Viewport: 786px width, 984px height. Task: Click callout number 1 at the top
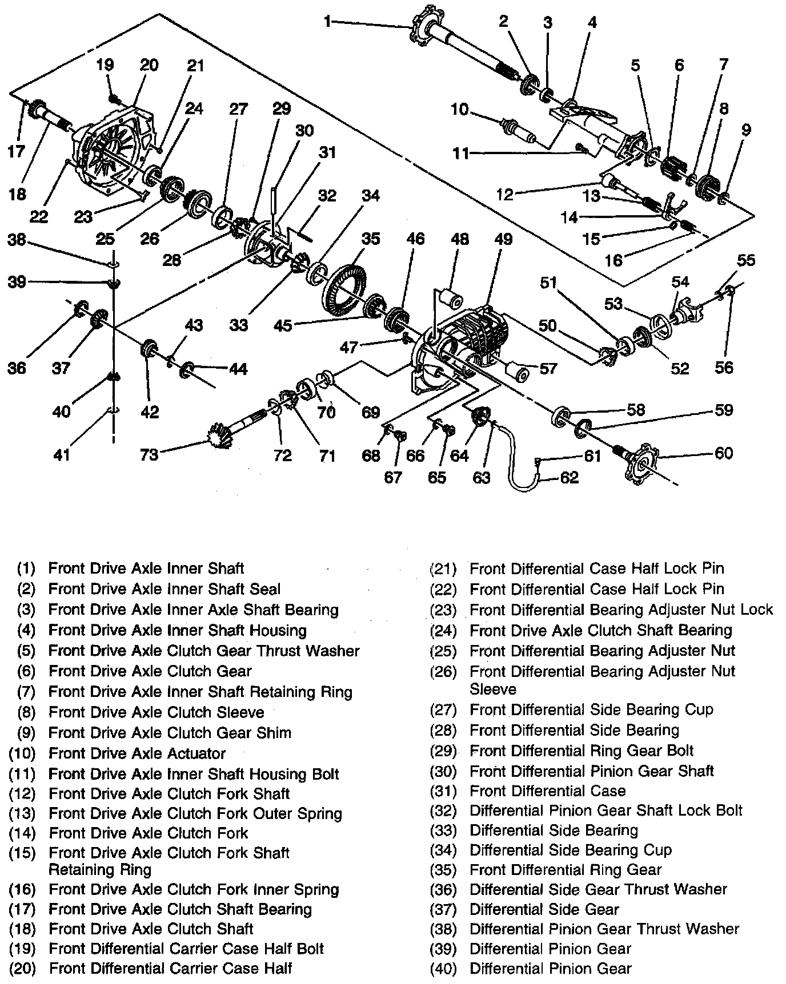[x=327, y=22]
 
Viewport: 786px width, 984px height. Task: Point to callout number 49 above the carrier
[x=503, y=239]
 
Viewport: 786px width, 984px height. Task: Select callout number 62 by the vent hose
[x=570, y=477]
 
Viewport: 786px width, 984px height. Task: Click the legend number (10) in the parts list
[x=22, y=753]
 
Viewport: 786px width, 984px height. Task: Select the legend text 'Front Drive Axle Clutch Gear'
[x=150, y=671]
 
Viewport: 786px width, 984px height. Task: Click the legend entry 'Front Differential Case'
[x=547, y=791]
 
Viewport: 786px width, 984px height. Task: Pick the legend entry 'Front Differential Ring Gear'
[x=565, y=870]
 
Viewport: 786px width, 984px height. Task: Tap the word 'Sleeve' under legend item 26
[x=492, y=689]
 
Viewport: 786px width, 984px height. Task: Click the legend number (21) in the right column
[x=443, y=569]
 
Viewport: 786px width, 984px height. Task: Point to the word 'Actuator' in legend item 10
[x=195, y=753]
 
